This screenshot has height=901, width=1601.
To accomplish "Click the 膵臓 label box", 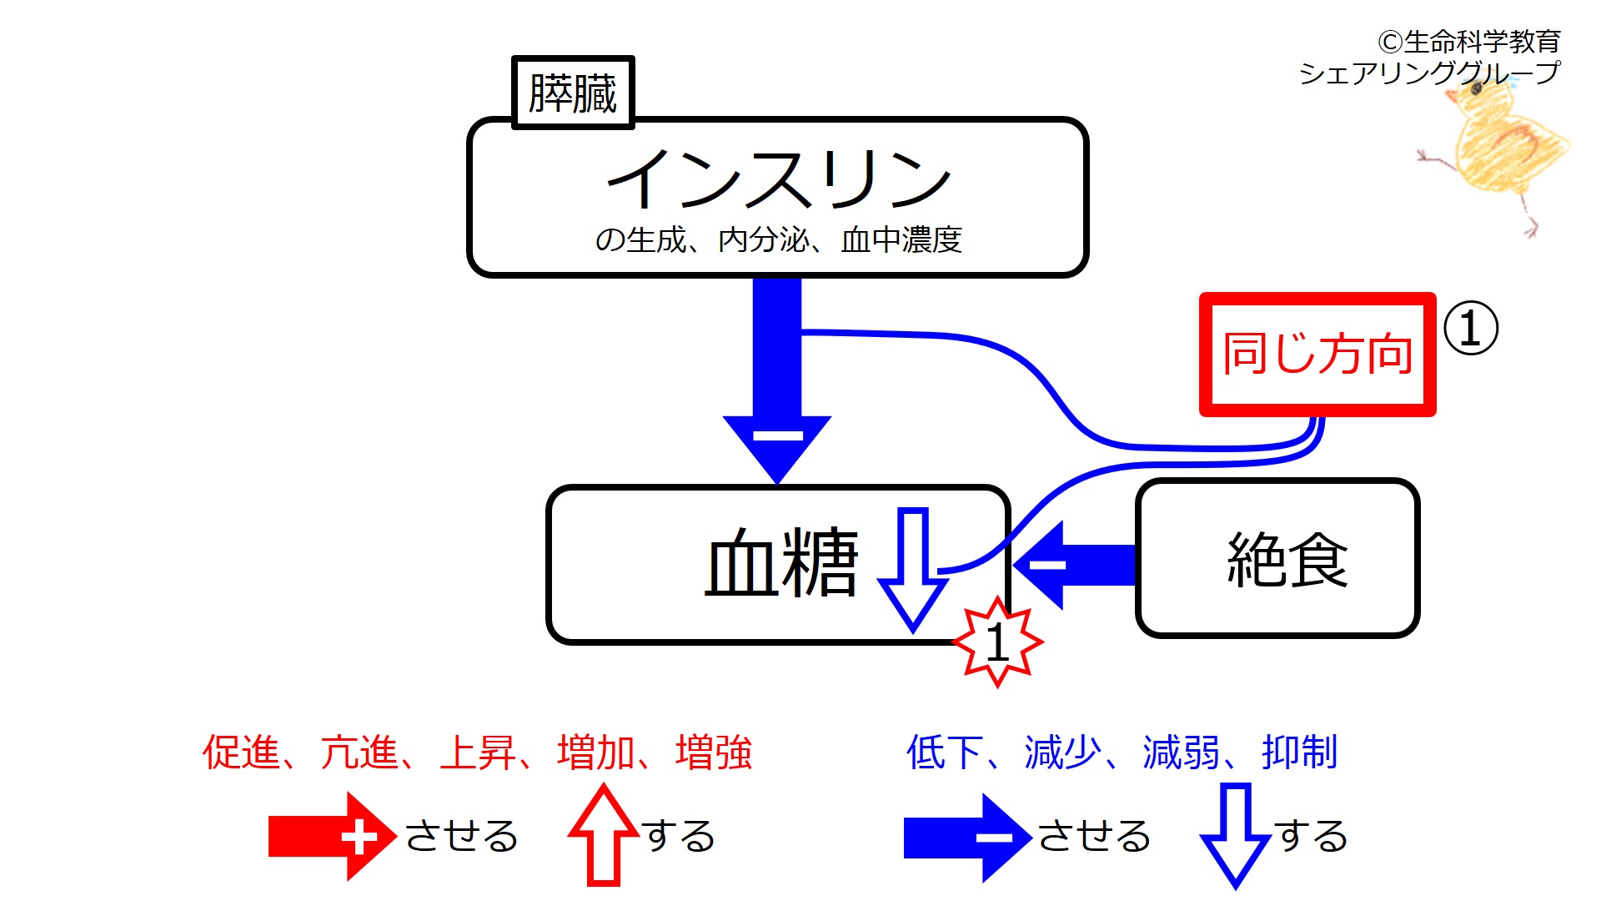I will coord(573,93).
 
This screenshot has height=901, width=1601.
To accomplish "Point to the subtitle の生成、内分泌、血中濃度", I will coord(778,240).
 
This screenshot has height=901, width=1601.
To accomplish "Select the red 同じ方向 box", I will coord(1317,354).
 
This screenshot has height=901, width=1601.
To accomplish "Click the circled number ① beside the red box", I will coord(1470,328).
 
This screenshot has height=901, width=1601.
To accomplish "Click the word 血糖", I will coord(781,563).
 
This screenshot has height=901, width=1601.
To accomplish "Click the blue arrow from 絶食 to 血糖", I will coord(1076,565).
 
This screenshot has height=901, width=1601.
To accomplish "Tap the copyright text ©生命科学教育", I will coord(1468,41).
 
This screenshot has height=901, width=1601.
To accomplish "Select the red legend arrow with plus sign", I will coord(331,837).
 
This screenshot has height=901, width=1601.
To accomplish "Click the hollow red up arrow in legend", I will coord(603,834).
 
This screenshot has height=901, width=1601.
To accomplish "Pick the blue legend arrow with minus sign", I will coord(967,837).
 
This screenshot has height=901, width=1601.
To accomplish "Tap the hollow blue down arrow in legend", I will coord(1235,834).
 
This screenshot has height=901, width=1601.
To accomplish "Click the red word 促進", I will coord(241,753).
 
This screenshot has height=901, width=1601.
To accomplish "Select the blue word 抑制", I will coord(1299,753).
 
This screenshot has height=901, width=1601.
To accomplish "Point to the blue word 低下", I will coord(944,753).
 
